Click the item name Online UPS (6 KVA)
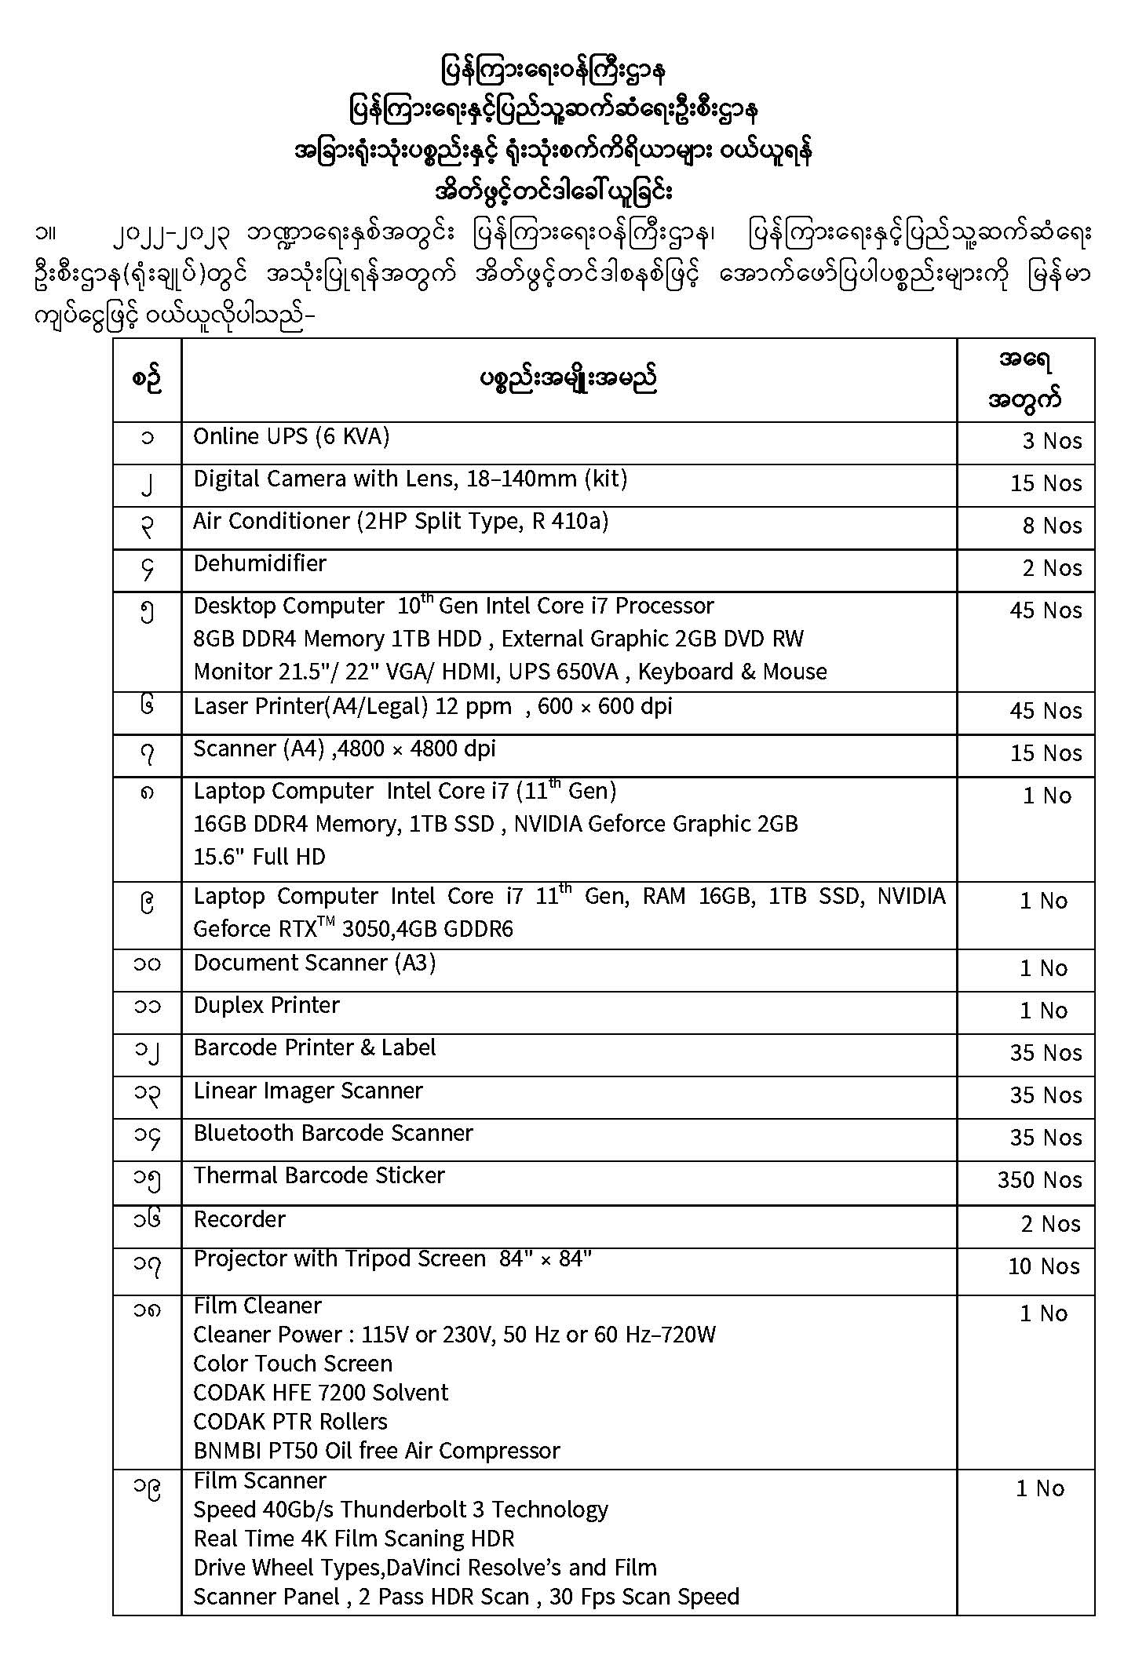pos(291,437)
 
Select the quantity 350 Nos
pos(1039,1180)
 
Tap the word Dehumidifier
pos(260,563)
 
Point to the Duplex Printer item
pos(266,1006)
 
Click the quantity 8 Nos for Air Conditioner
pos(1052,526)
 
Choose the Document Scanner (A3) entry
pos(314,963)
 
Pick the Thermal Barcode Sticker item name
pos(319,1175)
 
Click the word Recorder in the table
pos(239,1219)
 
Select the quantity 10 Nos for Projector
pos(1043,1266)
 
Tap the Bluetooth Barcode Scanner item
pos(333,1133)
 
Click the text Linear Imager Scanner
pos(308,1091)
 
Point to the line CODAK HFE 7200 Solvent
pos(320,1393)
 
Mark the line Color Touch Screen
pos(292,1364)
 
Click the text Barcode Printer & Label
pos(314,1048)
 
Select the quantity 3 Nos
pos(1052,441)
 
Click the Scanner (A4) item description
pos(345,749)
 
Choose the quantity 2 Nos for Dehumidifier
pos(1052,568)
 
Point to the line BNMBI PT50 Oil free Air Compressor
pos(377,1451)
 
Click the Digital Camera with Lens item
pos(410,479)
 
